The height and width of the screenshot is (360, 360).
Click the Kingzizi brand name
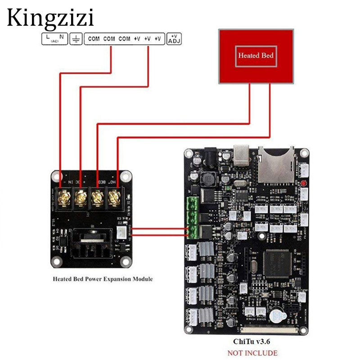[x=50, y=18]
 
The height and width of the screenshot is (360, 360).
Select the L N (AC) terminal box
[x=54, y=39]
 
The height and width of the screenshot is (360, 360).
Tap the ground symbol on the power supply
[x=76, y=39]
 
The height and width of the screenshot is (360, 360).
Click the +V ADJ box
[x=173, y=39]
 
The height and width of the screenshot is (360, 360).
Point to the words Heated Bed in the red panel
[x=256, y=56]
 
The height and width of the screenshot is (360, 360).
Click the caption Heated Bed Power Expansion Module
[x=103, y=279]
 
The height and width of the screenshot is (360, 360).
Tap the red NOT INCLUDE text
[x=252, y=353]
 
